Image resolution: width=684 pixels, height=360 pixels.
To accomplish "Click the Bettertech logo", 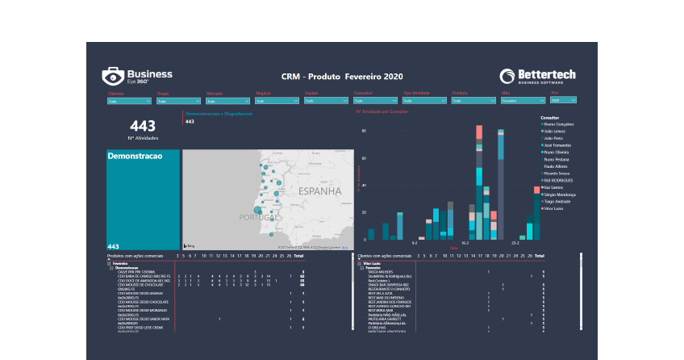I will coord(537,77).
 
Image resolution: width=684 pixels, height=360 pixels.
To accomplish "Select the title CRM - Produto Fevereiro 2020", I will coord(342,76).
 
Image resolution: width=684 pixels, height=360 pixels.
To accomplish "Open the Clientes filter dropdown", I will coord(129,102).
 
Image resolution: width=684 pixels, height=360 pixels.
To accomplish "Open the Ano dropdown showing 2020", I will coord(563,101).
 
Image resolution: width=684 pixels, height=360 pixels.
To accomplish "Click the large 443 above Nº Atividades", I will coord(142,126).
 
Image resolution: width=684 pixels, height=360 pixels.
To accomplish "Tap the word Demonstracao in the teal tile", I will coord(135,155).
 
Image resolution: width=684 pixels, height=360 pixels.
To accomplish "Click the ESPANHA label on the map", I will coord(321,192).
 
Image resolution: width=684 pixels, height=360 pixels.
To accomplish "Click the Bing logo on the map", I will coord(190,245).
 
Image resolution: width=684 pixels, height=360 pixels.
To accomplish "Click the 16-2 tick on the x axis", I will coord(465,242).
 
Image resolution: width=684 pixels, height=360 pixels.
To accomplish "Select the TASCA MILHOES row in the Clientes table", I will coord(382,271).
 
